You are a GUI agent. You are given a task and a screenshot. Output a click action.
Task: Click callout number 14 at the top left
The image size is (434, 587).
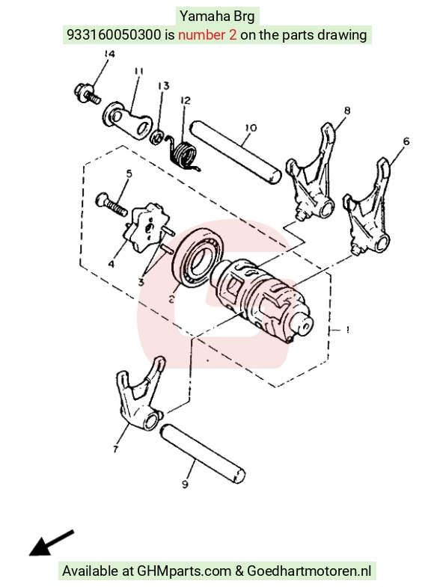(109, 54)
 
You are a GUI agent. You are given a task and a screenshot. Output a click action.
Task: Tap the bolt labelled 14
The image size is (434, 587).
(88, 94)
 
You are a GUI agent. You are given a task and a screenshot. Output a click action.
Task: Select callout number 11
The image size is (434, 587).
(138, 71)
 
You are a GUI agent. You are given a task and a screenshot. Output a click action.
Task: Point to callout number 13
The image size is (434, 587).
(164, 86)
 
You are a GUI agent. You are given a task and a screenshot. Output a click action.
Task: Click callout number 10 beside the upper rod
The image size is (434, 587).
(251, 128)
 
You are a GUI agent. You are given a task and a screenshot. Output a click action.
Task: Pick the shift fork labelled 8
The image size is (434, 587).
(311, 172)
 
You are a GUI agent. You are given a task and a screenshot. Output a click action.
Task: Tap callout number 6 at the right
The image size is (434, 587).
(406, 141)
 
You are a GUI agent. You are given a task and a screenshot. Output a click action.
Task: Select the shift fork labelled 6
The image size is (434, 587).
(367, 207)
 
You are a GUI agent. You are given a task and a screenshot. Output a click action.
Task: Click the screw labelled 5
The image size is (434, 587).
(111, 205)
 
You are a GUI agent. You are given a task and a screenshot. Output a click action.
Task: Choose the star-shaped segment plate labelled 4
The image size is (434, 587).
(147, 227)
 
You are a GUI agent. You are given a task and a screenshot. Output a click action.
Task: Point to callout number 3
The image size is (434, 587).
(141, 282)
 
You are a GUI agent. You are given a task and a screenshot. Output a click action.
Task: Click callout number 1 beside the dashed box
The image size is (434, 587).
(348, 330)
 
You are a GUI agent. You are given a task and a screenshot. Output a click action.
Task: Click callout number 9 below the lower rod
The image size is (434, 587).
(185, 485)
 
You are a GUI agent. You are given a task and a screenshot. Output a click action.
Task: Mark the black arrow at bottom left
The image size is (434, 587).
(52, 543)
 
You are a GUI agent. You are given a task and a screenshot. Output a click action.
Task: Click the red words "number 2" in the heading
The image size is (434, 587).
(207, 35)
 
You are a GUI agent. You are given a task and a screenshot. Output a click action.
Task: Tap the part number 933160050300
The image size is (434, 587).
(114, 35)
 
